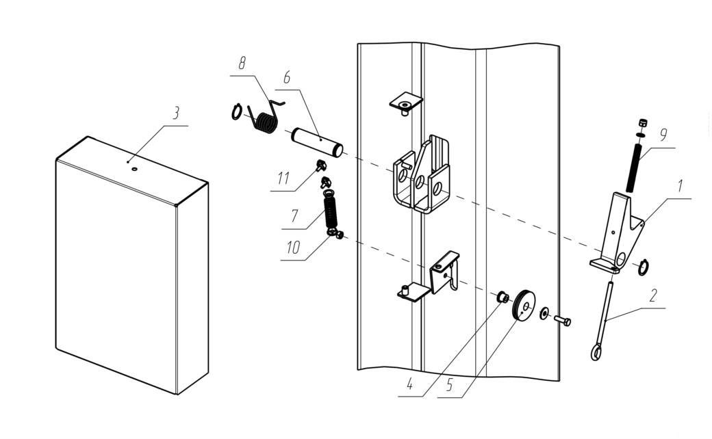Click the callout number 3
(176, 114)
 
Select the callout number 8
(242, 64)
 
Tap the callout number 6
(287, 78)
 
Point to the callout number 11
(283, 178)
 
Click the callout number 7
(294, 216)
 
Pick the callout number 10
(293, 248)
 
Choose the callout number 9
(663, 135)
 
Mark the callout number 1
(680, 186)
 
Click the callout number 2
(653, 295)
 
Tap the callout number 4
(409, 384)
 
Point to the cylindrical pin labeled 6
(318, 143)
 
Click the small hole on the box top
(134, 169)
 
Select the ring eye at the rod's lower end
(596, 352)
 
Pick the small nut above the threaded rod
(642, 123)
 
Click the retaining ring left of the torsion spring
(237, 112)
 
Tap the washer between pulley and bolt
(544, 313)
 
